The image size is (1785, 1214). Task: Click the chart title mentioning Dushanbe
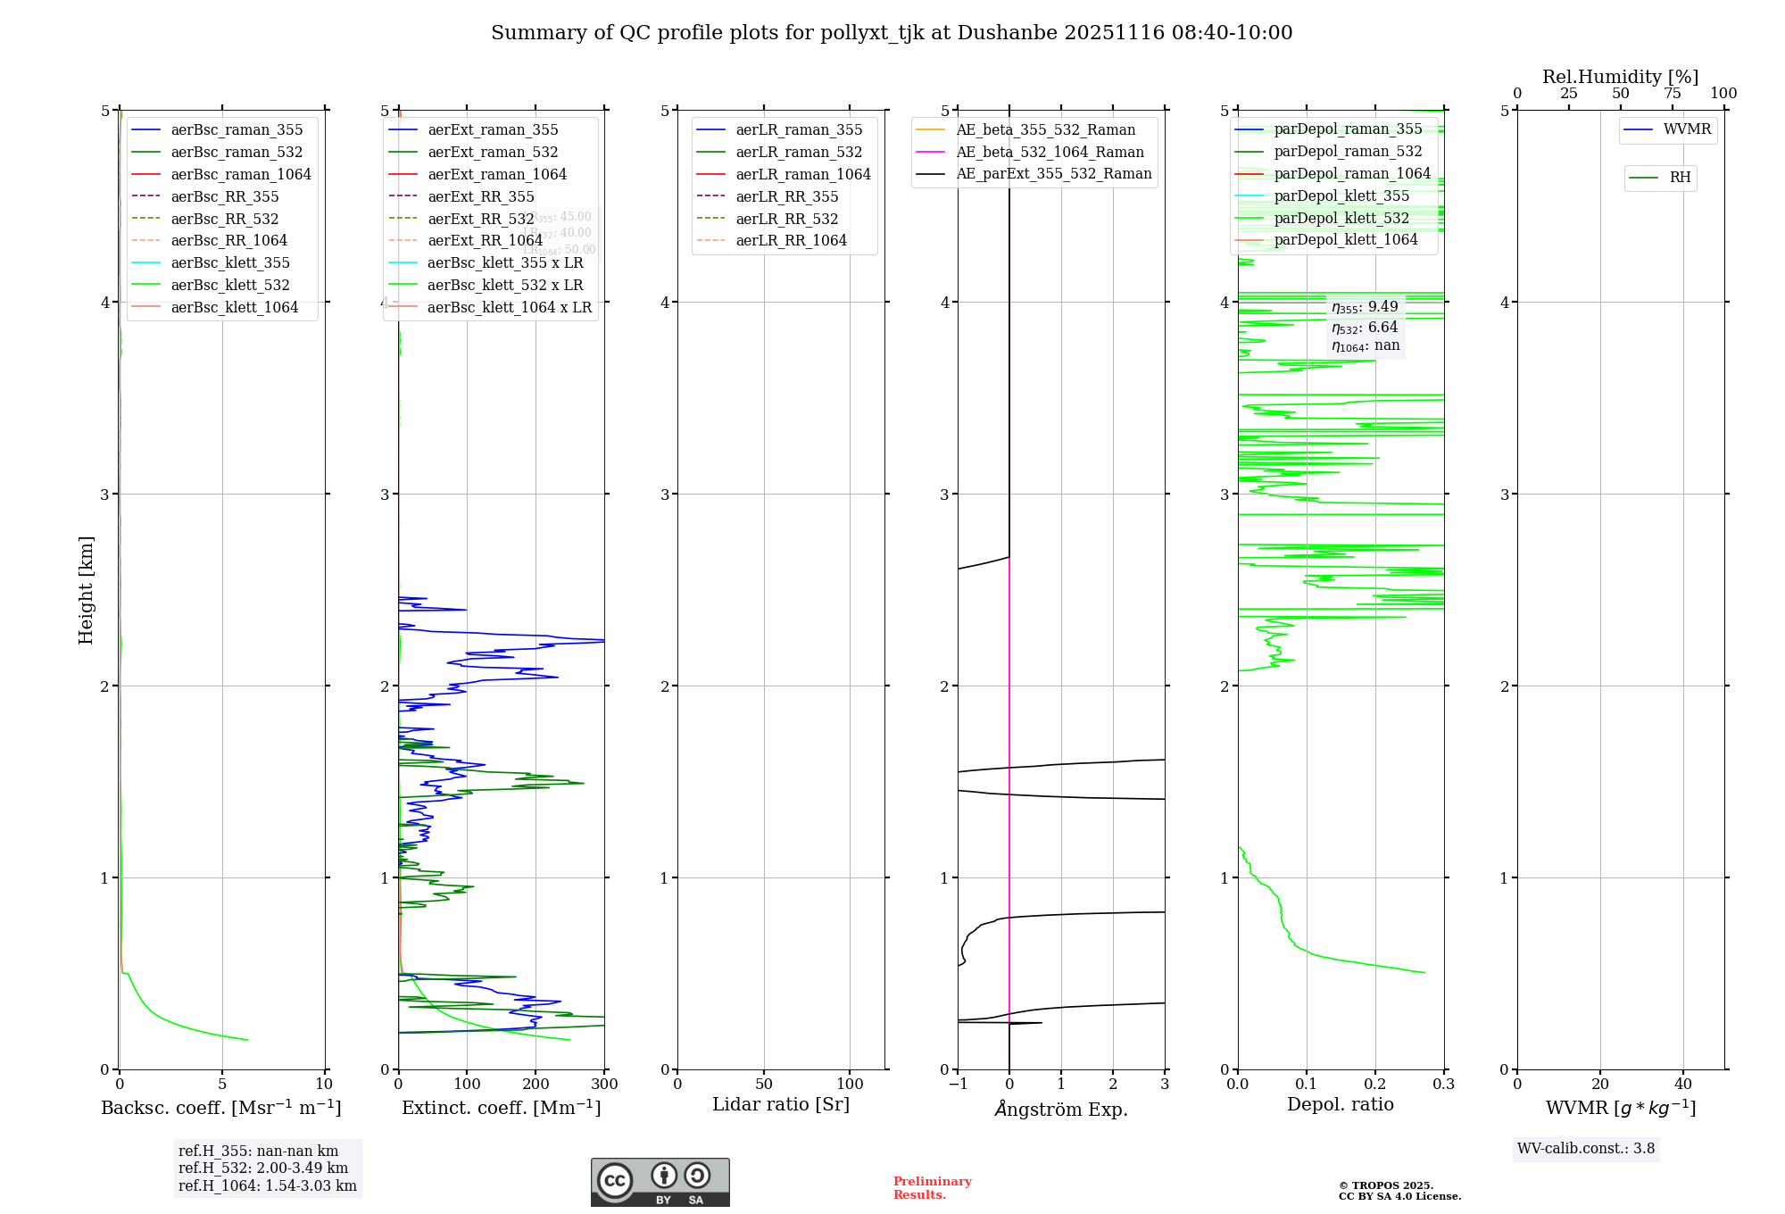892,33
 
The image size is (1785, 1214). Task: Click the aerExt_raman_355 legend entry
493,129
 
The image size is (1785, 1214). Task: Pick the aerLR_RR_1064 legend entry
791,240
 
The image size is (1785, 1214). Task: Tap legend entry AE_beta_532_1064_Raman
1050,152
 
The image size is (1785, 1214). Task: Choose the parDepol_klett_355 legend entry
1341,195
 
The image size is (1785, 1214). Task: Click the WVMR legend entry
1687,129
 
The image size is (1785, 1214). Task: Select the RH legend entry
1680,178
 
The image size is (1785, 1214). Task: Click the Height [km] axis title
86,590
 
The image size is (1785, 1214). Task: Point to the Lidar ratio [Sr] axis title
781,1104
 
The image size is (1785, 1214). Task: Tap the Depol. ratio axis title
1340,1104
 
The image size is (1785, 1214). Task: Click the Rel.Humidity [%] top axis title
1620,77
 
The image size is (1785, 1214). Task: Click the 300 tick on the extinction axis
604,1084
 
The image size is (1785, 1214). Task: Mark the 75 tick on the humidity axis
1672,93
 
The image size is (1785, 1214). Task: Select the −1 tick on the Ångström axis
958,1084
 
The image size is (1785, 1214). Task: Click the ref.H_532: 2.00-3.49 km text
263,1168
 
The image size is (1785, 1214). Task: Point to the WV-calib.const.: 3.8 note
1586,1148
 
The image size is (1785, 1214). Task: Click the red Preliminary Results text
932,1187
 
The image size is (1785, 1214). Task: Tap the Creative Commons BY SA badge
660,1182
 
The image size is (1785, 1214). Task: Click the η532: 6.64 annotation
1365,327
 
